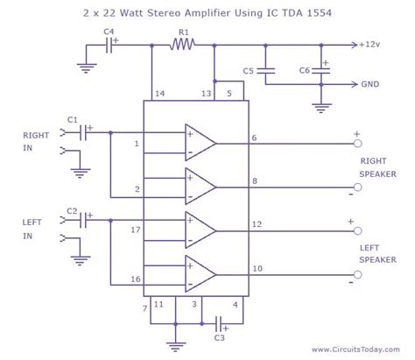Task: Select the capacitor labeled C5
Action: click(x=271, y=71)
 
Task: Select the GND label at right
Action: click(x=371, y=86)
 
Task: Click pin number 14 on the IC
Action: click(x=158, y=92)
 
